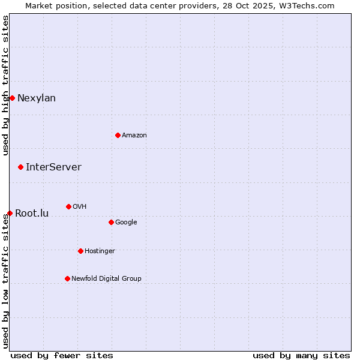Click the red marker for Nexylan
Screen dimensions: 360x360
point(12,98)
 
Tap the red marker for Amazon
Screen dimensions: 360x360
point(118,135)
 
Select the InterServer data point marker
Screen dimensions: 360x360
point(20,167)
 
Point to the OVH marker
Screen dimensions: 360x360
point(68,206)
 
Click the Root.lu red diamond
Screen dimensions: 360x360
point(10,213)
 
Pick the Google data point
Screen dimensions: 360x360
point(111,222)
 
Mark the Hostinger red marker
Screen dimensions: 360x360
point(80,251)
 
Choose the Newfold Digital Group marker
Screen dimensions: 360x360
point(67,278)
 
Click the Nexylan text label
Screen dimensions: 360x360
point(37,98)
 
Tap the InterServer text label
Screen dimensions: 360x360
point(53,167)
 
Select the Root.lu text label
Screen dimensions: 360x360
point(32,214)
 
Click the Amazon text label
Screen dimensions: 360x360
point(134,136)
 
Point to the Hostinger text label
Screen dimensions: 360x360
point(100,251)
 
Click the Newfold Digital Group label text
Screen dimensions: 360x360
point(106,279)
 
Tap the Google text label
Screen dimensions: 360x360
point(126,223)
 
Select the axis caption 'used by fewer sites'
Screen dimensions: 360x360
point(62,355)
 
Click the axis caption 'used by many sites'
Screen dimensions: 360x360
point(301,355)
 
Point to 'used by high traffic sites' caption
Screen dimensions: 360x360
point(6,85)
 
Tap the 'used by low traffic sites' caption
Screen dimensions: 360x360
point(6,281)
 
